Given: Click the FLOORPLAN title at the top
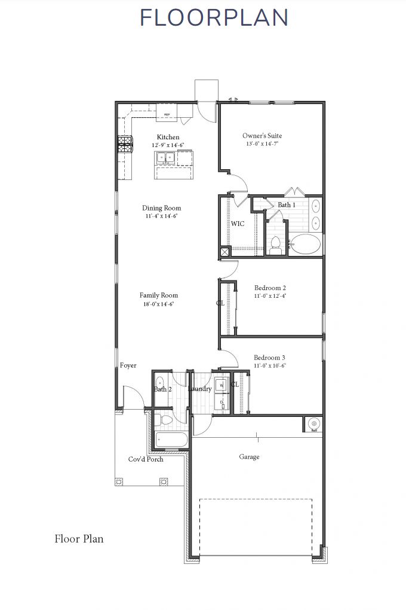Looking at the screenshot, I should coord(214,18).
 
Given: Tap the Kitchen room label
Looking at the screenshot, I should coord(168,137).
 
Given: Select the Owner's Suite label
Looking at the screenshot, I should coord(262,136).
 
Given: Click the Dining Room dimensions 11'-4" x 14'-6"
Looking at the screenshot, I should coord(162,216).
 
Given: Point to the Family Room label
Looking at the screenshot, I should coord(159,295).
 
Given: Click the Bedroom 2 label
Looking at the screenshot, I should coord(270,288).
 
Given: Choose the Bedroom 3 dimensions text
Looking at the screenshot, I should coord(270,365).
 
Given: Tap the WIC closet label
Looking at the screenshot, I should coord(238,224).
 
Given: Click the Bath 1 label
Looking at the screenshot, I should coord(287,205).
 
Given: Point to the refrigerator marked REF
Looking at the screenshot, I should coord(167,113).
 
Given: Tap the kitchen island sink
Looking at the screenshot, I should coord(165,158).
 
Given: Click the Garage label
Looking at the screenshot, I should coord(250,457).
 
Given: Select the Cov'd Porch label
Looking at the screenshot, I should coord(146,459).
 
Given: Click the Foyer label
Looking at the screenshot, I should coord(128,365).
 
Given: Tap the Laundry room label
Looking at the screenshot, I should coord(199,389).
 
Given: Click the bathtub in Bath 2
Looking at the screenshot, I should coord(171,441).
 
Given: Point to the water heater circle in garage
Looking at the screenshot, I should coord(313,424).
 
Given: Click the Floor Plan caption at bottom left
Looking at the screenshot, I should coord(79,539).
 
